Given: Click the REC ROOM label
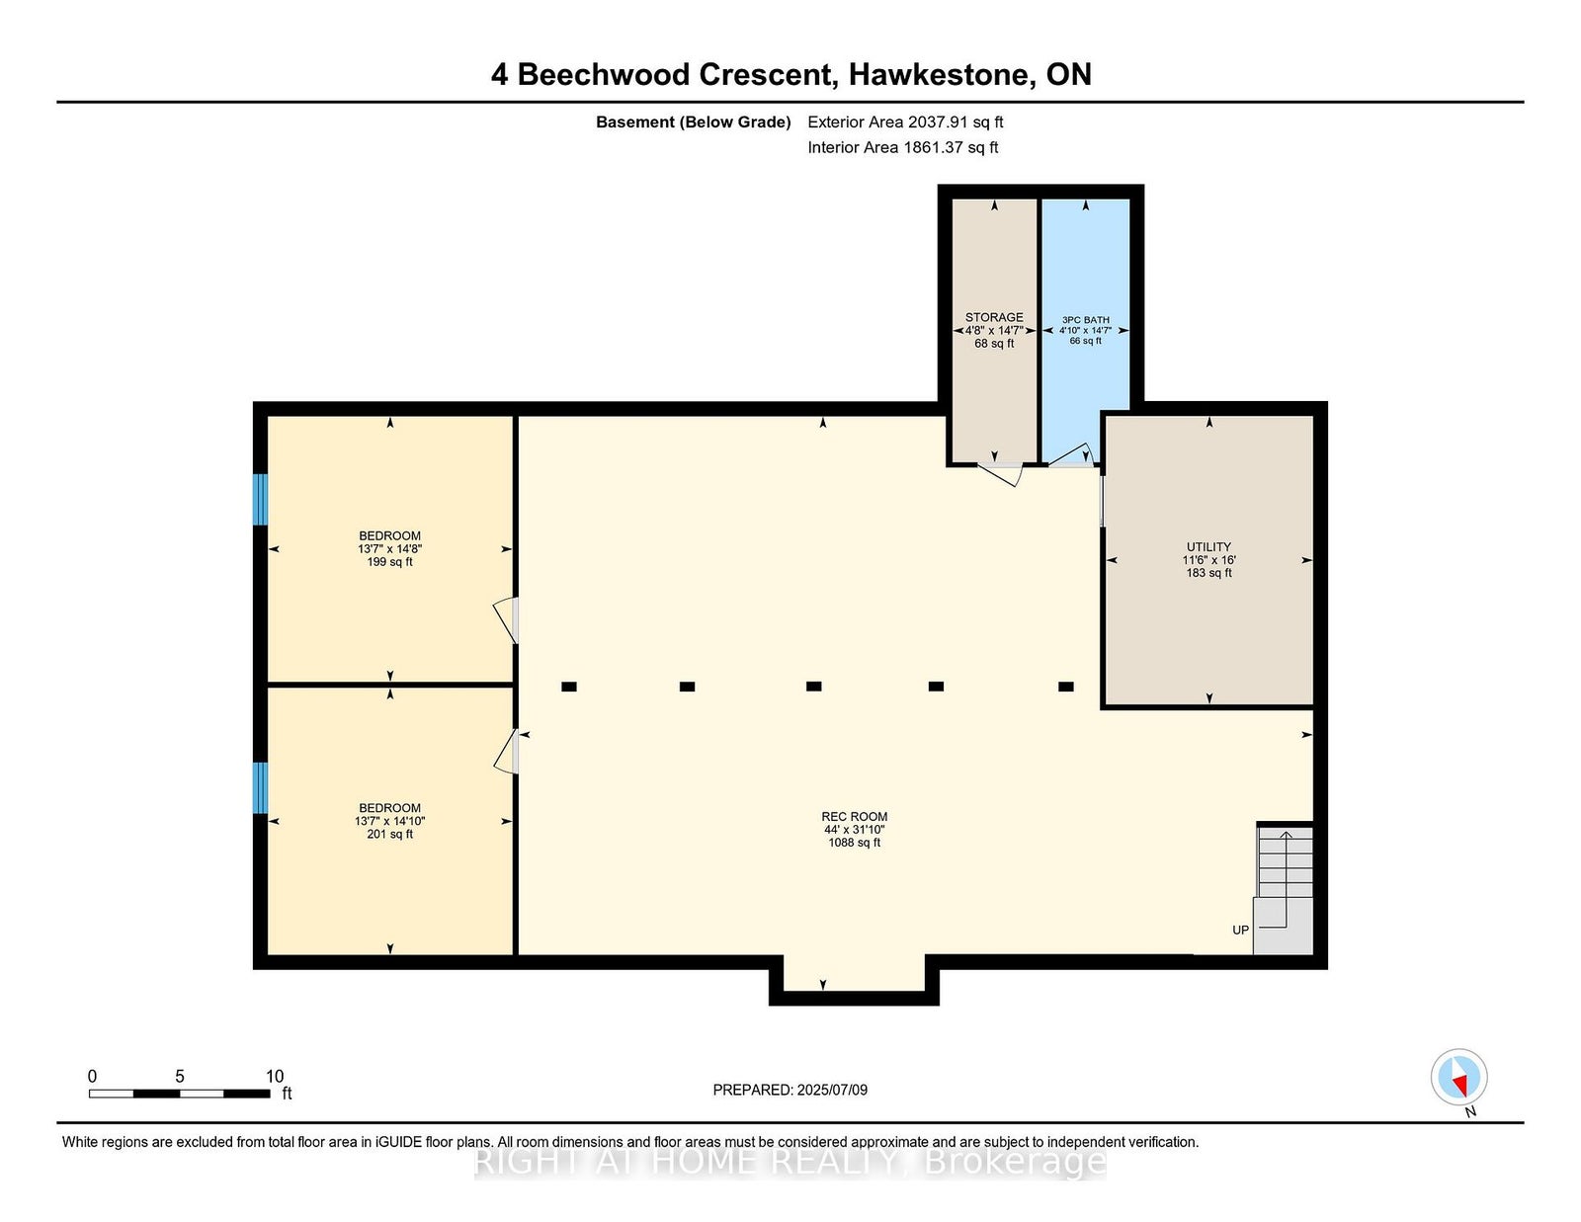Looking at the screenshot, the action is [x=854, y=817].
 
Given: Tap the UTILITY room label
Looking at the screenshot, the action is [x=1208, y=547].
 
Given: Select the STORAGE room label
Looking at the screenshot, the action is [x=994, y=317].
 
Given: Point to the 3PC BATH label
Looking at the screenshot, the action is [x=1086, y=320].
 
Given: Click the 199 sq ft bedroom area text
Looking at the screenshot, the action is [x=390, y=562].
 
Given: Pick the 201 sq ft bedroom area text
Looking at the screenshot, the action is [x=390, y=835].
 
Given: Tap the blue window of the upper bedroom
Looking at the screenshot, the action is [x=260, y=499].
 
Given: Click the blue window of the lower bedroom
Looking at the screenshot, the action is [x=260, y=787].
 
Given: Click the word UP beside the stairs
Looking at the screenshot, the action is [x=1240, y=931].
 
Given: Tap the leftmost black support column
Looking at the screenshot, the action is [x=569, y=687].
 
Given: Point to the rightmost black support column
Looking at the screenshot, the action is [x=1066, y=687].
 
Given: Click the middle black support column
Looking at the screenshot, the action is [x=814, y=687].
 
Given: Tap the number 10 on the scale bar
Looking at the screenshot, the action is [x=275, y=1077].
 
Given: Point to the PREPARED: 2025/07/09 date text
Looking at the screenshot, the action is [x=790, y=1090].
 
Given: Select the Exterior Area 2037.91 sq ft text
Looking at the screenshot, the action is [x=905, y=122].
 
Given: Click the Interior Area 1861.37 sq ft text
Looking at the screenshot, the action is [x=903, y=147].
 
